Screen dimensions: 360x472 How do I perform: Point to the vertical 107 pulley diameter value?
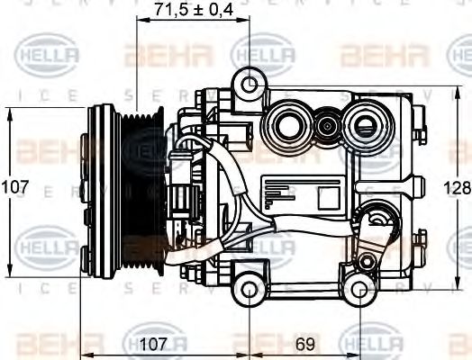[x=14, y=188]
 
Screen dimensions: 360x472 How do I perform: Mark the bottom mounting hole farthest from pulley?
[x=360, y=289]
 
